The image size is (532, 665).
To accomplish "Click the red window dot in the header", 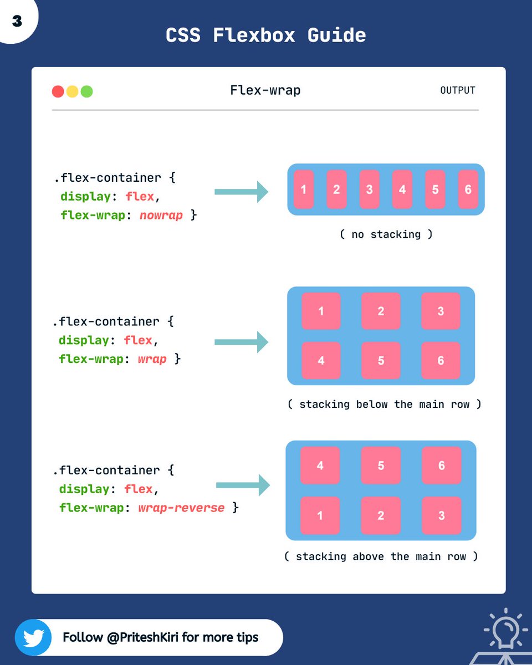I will (58, 91).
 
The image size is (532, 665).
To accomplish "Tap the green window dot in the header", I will (86, 91).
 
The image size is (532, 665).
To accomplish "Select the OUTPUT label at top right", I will (457, 90).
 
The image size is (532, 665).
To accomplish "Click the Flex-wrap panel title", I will (265, 90).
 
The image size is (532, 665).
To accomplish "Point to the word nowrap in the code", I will (161, 215).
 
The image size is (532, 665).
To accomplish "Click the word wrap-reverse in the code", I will (181, 508).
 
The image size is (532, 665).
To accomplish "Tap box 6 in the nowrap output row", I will (468, 190).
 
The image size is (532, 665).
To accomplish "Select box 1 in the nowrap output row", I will (303, 190).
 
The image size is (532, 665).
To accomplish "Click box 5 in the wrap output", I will (381, 361).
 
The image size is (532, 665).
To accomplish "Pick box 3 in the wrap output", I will (441, 311).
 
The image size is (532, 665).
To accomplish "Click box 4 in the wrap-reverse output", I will (320, 465).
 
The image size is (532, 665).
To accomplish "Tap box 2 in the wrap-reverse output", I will (381, 515).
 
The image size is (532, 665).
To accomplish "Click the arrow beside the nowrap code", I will (241, 192).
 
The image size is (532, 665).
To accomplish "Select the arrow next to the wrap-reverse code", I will (243, 485).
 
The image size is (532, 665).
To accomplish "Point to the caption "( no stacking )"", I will (386, 234).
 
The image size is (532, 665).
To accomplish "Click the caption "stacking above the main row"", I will (381, 556).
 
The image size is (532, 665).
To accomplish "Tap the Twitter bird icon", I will (33, 637).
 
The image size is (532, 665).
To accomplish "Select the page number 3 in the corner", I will (17, 21).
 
